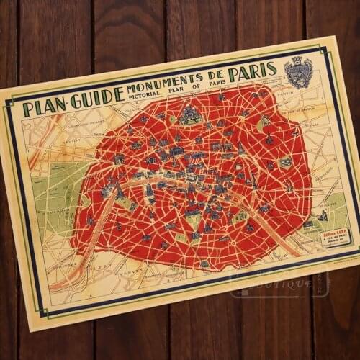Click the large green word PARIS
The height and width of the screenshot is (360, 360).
[x=252, y=73]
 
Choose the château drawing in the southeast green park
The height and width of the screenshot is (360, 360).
[x=325, y=215]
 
